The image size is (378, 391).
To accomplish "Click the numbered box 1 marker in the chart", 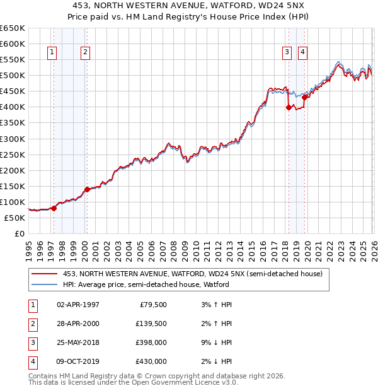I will [x=51, y=52].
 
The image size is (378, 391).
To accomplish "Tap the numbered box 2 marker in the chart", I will [x=85, y=52].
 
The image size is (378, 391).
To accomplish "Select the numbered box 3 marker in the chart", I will [x=287, y=52].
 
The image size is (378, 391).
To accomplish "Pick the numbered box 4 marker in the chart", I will [x=302, y=52].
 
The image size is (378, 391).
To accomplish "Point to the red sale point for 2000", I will [x=87, y=189].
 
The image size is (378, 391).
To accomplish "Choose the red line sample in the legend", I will [x=44, y=274].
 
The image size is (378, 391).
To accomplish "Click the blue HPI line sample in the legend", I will [x=44, y=284].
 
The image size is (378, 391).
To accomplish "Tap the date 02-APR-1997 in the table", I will [x=77, y=305].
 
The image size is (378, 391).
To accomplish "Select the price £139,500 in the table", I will [x=151, y=324].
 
